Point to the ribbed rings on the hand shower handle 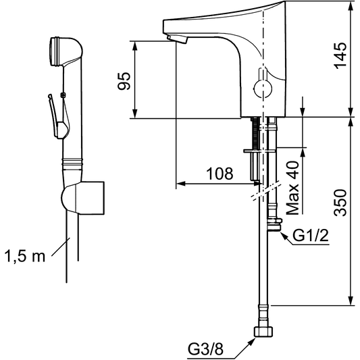pos(72,162)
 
